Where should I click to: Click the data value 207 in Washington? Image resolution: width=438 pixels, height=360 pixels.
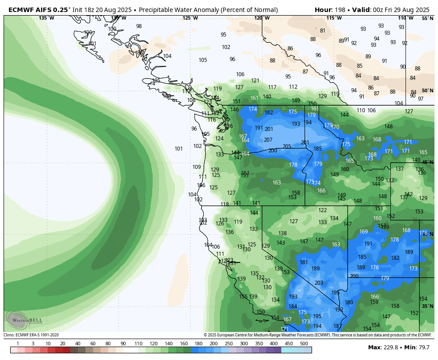[x=268, y=140]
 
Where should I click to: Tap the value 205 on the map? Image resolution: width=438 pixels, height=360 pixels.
[x=287, y=147]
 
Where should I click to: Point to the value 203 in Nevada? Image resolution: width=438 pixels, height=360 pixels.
[x=319, y=283]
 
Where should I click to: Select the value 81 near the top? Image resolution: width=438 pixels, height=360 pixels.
[x=323, y=31]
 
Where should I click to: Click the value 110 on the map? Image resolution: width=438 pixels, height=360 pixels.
[x=361, y=110]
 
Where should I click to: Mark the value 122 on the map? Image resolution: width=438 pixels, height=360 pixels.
[x=323, y=210]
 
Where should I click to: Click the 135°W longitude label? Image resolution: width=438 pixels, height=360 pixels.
[x=46, y=18]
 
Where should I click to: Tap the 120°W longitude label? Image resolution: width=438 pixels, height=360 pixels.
[x=262, y=18]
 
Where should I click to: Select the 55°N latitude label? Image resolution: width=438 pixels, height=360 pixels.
[x=427, y=18]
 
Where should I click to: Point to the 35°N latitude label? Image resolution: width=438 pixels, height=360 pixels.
[x=427, y=306]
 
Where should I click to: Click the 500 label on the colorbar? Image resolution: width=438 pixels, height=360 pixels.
[x=304, y=344]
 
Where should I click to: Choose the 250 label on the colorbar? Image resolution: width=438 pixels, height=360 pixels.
[x=229, y=344]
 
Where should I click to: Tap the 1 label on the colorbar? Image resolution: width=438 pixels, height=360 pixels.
[x=18, y=344]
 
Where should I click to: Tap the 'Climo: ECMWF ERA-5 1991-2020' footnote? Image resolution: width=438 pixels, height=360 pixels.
[x=31, y=335]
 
